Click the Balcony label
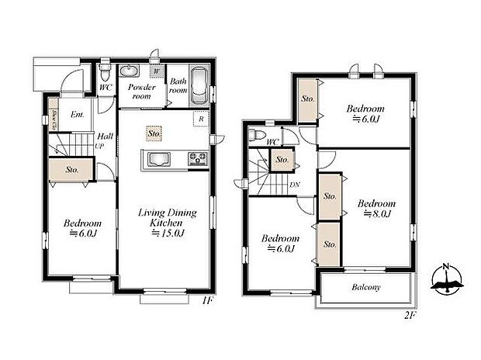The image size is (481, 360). pos(365,288)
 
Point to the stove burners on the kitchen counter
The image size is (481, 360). pos(196,161)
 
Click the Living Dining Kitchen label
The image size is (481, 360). pos(167,223)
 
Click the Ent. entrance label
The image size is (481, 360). pos(78,116)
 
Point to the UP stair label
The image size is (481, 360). pos(100,146)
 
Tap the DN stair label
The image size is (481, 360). pos(295,185)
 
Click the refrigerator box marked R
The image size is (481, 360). pos(201,119)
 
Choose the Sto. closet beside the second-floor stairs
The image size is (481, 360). pos(282,161)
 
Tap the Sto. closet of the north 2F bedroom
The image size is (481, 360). pos(307,99)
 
